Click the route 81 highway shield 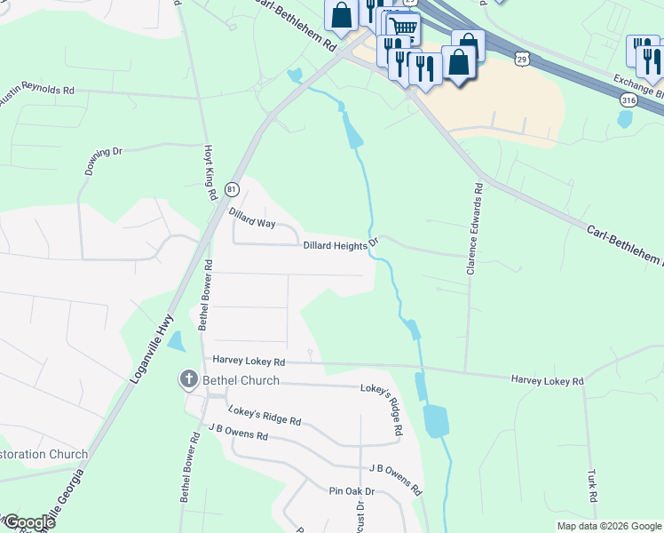[x=232, y=189]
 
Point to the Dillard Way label [x=251, y=219]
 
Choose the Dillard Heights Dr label [x=341, y=245]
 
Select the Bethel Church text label [x=241, y=380]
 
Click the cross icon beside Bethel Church [x=188, y=380]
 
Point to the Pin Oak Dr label [x=352, y=491]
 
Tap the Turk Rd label [x=592, y=485]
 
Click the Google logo [x=28, y=522]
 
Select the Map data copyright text [x=608, y=526]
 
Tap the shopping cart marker [x=404, y=27]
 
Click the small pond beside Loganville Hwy [x=176, y=341]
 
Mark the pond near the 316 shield [x=624, y=119]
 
